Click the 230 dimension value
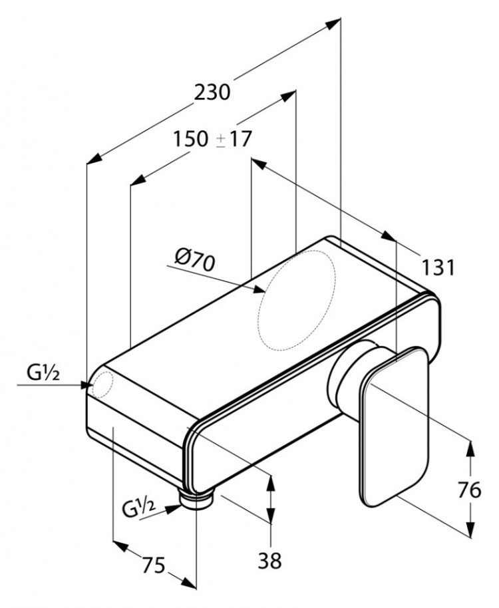[212, 92]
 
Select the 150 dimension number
[190, 139]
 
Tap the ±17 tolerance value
[234, 139]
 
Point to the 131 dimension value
[438, 267]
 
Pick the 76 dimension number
[470, 490]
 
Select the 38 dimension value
[270, 560]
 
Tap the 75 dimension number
[154, 565]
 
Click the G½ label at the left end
[43, 373]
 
